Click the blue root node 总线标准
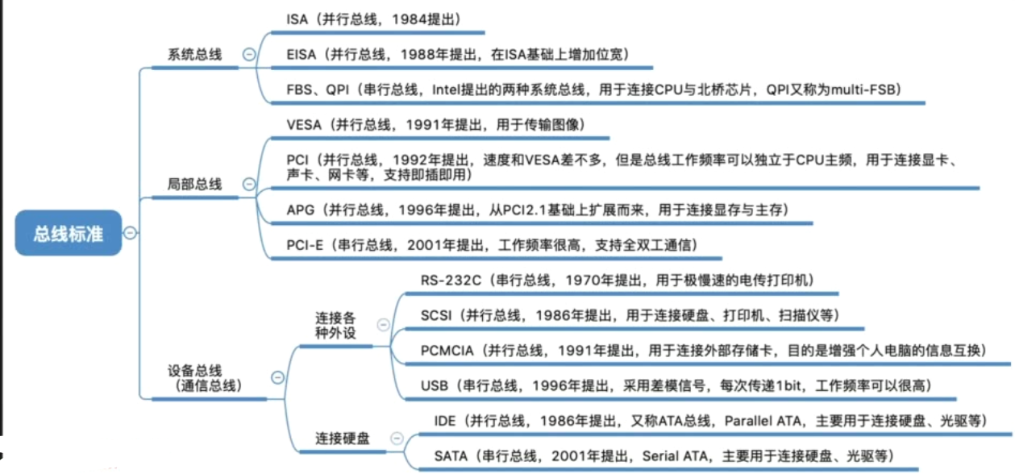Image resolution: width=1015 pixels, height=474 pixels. (x=68, y=234)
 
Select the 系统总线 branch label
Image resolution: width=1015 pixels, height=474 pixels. (x=194, y=55)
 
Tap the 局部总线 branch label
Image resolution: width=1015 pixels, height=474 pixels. (x=194, y=185)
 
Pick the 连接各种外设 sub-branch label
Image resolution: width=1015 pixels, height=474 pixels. (x=335, y=326)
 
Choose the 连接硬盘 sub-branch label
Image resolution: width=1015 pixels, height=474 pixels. (x=343, y=439)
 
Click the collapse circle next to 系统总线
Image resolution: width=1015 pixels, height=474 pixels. (x=249, y=55)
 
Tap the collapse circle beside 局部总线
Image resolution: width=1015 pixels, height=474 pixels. (x=249, y=185)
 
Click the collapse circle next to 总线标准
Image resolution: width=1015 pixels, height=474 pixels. (x=130, y=233)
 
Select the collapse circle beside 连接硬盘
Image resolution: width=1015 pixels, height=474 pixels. (x=395, y=439)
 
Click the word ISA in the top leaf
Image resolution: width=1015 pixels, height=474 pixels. (x=297, y=19)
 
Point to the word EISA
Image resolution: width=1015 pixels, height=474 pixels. (x=302, y=54)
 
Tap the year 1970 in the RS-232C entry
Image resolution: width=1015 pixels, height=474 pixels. (x=582, y=281)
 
